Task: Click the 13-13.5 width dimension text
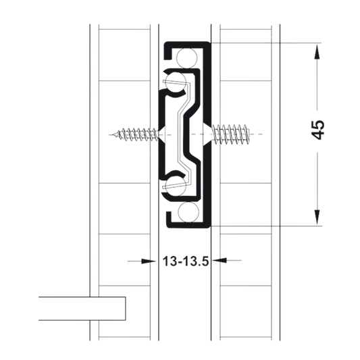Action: point(186,261)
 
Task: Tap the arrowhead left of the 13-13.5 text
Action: point(149,261)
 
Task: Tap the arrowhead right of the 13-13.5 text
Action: point(220,260)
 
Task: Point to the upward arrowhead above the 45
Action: point(317,52)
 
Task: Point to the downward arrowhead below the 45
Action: point(317,217)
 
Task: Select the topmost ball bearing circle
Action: point(186,58)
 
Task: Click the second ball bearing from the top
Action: point(176,82)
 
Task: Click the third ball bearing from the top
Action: point(176,186)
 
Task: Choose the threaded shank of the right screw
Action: point(230,134)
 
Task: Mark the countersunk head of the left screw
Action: point(162,134)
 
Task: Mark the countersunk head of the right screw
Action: point(207,134)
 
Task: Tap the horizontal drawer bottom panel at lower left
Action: point(82,309)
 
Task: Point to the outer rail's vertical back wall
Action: point(207,135)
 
